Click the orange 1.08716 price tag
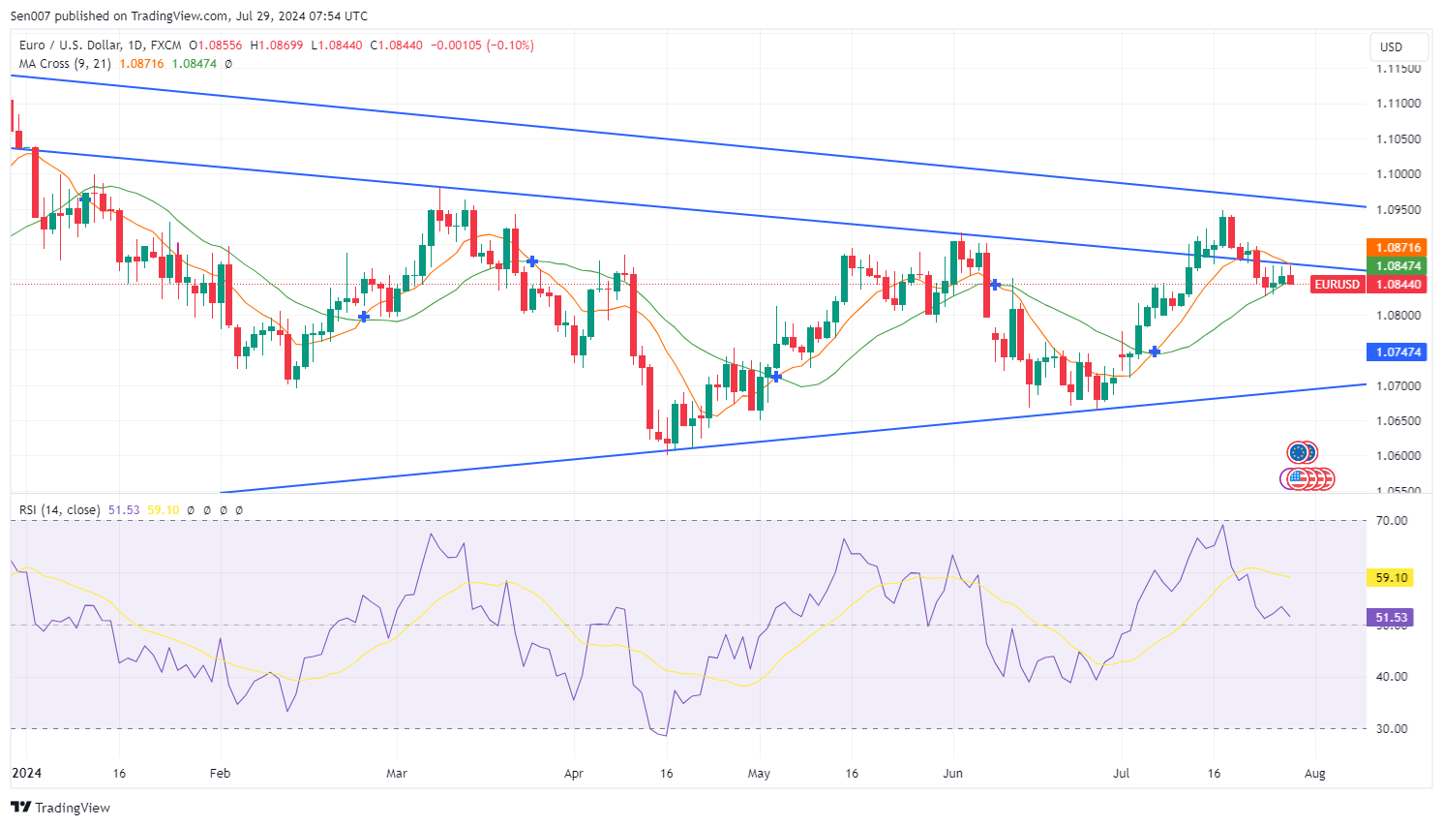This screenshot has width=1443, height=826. (x=1398, y=248)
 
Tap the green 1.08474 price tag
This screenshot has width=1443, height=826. (x=1398, y=266)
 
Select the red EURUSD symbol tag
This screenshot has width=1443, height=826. (x=1337, y=285)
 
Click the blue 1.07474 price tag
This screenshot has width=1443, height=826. (x=1398, y=352)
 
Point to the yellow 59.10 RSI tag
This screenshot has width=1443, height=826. (x=1391, y=578)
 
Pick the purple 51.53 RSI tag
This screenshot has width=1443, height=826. (x=1391, y=617)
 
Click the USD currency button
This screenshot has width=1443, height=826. (x=1391, y=46)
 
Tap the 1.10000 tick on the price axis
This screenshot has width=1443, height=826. (x=1398, y=174)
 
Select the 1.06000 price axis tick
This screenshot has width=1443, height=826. (x=1398, y=456)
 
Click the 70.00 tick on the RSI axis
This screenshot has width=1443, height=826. (x=1392, y=521)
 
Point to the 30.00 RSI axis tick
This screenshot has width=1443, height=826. (x=1392, y=729)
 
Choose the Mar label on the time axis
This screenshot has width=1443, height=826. (x=397, y=774)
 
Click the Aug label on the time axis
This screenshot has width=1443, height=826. (x=1314, y=774)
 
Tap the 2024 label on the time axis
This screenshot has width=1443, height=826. (x=27, y=774)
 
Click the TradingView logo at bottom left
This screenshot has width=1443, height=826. (x=61, y=808)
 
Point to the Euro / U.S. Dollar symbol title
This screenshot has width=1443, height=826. (x=100, y=46)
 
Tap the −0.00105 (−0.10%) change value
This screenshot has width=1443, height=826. (x=482, y=46)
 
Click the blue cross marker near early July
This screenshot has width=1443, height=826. (x=1154, y=352)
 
